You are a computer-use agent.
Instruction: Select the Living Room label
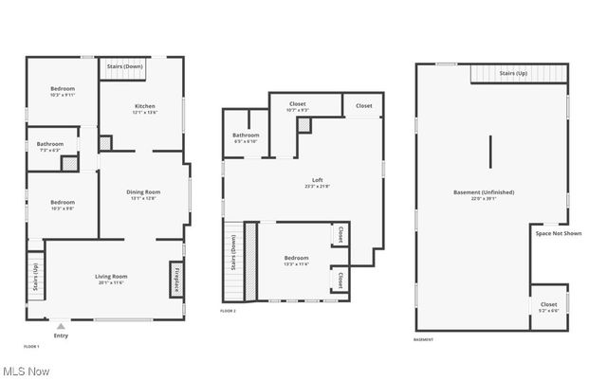tap(111, 279)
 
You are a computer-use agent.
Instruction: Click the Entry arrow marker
tap(61, 327)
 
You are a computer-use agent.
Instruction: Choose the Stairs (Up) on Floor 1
tap(35, 281)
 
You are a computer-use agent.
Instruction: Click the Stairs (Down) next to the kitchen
tap(125, 67)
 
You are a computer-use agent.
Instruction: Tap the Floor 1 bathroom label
tap(50, 146)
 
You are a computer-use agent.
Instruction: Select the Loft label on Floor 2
tap(318, 182)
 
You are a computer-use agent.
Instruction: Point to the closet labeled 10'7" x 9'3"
tap(297, 107)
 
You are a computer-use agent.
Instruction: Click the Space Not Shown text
tap(559, 233)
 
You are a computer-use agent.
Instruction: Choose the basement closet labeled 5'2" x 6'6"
tap(548, 307)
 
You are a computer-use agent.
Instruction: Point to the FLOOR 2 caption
tap(228, 311)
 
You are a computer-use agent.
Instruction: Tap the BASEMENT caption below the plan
tap(424, 339)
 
